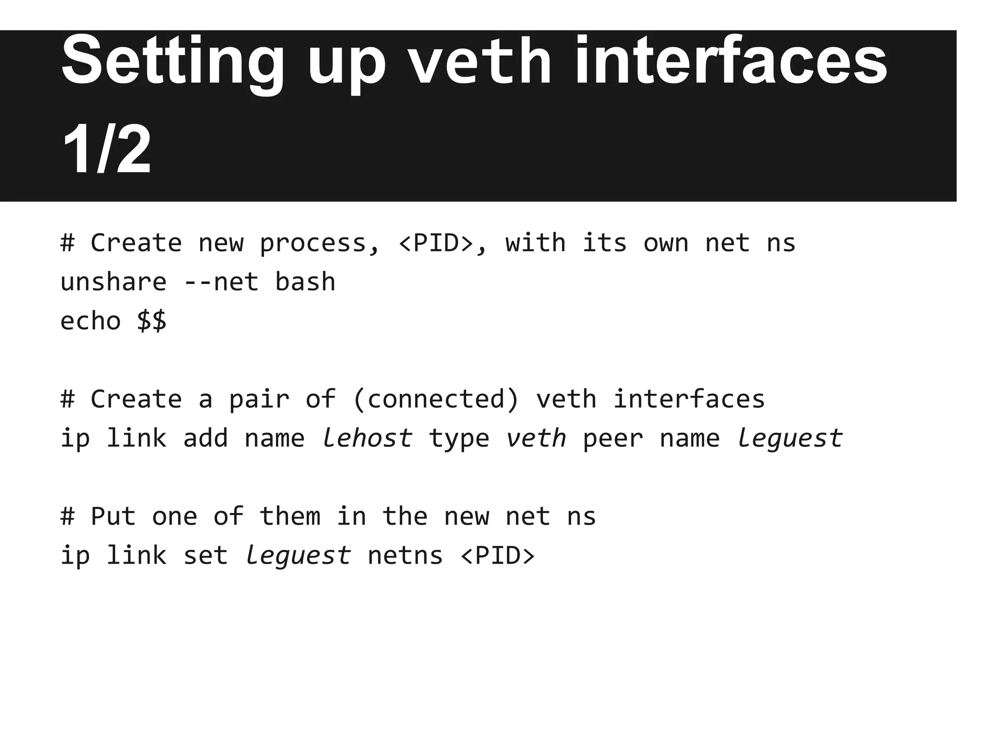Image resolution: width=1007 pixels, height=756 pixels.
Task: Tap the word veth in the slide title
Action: tap(480, 62)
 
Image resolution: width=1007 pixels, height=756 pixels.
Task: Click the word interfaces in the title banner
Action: tap(731, 62)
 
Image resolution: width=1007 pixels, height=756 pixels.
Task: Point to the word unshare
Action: tap(114, 282)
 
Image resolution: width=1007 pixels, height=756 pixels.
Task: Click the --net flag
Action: tap(221, 282)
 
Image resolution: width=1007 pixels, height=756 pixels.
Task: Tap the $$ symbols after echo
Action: tap(151, 321)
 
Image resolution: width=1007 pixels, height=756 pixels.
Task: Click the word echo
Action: tap(90, 321)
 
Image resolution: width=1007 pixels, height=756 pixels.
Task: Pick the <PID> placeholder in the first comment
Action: tap(436, 243)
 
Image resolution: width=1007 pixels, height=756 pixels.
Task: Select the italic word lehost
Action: tap(367, 438)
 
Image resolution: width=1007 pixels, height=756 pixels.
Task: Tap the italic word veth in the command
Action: tap(536, 438)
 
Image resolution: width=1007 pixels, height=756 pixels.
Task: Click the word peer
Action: tap(613, 438)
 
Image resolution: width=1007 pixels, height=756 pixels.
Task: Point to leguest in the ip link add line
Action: tap(789, 438)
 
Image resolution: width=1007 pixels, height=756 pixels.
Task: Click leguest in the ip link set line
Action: tap(297, 556)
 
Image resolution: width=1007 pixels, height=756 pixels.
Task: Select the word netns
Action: tap(405, 556)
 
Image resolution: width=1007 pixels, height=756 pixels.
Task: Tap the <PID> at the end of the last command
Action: tap(498, 556)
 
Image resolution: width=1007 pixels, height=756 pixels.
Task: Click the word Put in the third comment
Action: tap(113, 516)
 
